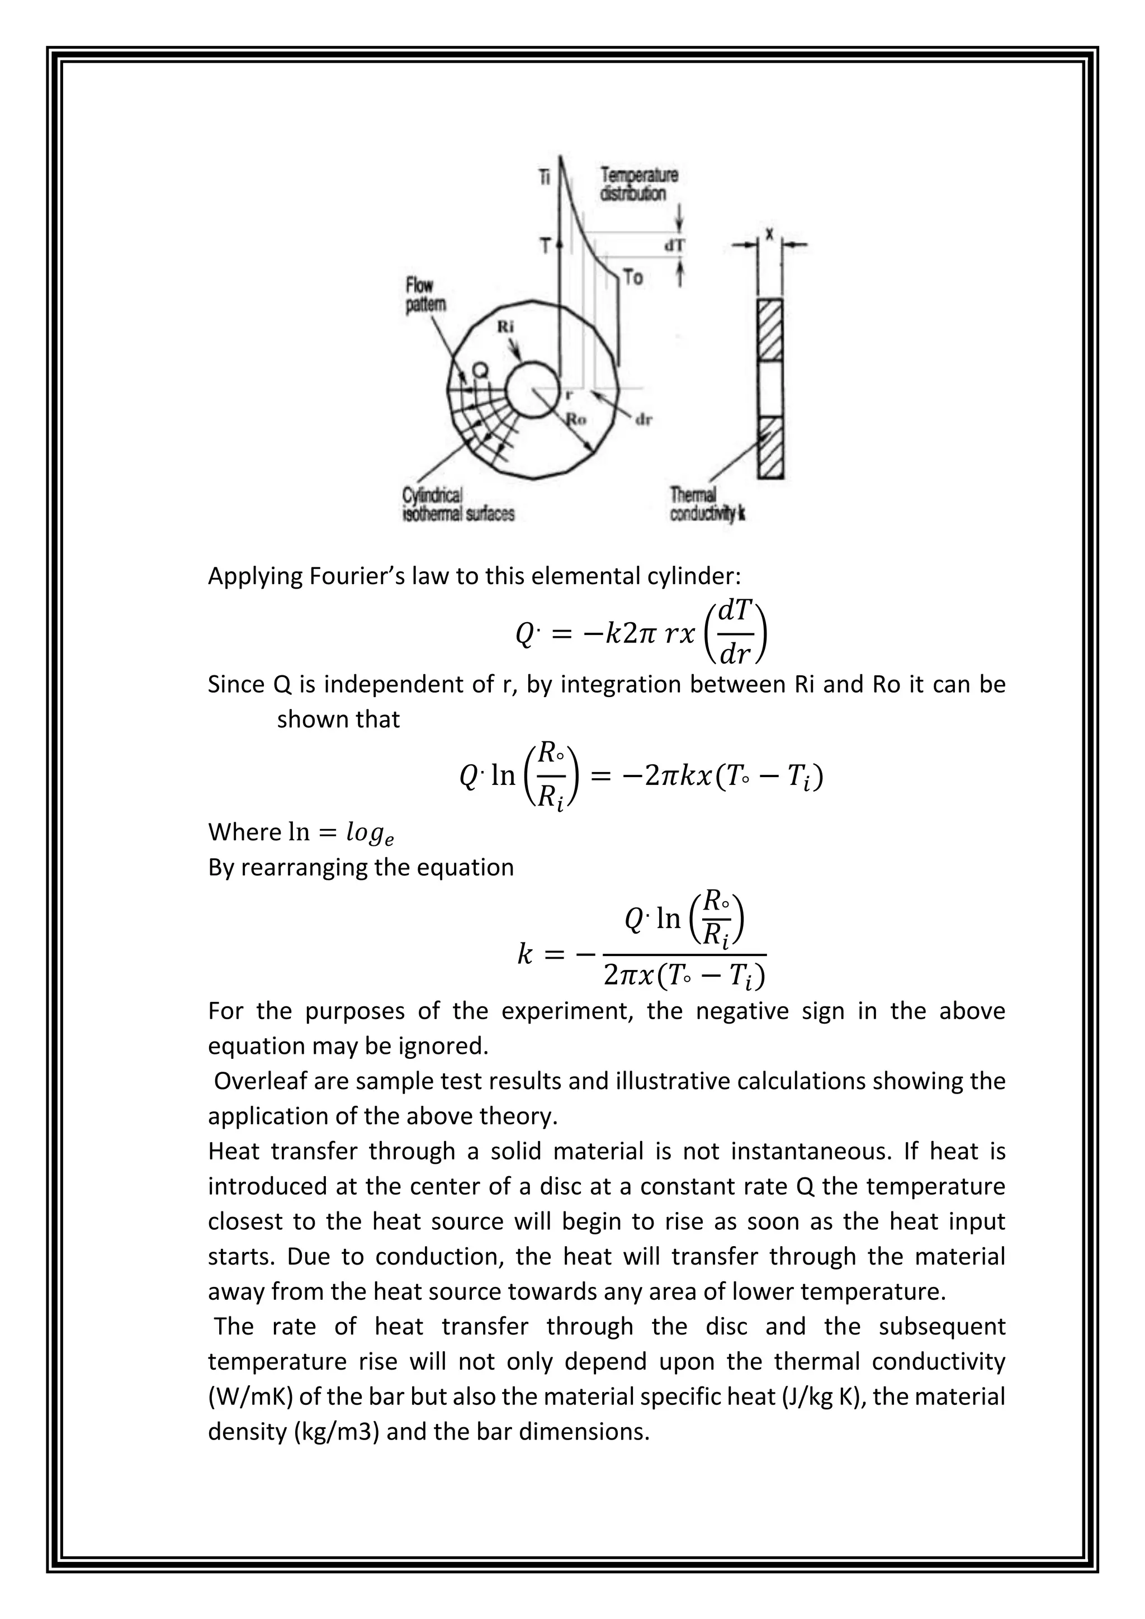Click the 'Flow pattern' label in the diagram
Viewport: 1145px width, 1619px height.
click(425, 295)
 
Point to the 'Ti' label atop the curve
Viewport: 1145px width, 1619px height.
click(545, 177)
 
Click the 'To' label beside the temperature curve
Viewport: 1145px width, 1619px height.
click(632, 278)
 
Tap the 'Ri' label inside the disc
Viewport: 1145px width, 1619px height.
click(505, 327)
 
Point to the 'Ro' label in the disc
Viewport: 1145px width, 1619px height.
click(577, 419)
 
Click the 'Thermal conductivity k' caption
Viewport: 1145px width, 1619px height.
click(707, 505)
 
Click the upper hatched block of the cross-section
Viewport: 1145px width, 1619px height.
click(770, 329)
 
